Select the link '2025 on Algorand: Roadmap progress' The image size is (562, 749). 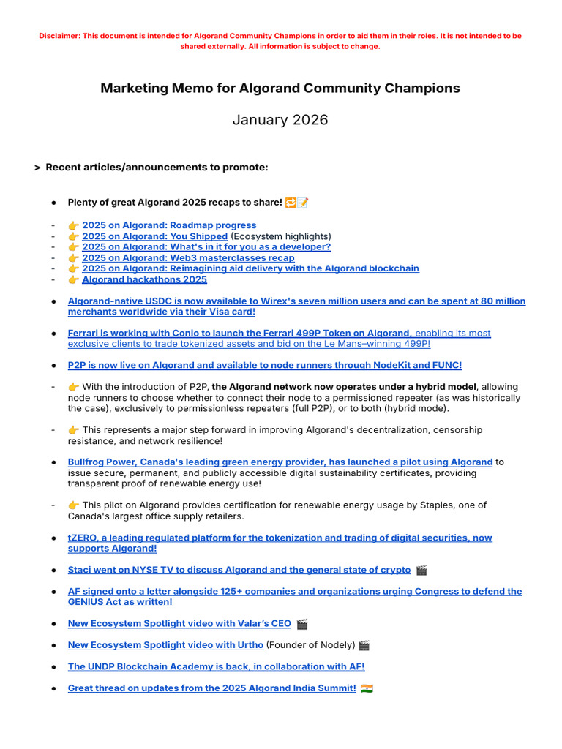tap(169, 225)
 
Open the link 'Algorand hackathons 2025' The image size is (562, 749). tap(144, 279)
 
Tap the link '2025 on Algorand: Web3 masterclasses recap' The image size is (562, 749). tap(188, 257)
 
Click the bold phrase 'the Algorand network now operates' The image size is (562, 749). tap(293, 387)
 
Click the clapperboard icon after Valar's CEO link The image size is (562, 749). tap(302, 624)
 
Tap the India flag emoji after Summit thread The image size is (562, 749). tap(367, 688)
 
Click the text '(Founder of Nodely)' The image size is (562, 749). tap(310, 645)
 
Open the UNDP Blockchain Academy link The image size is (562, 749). tap(216, 666)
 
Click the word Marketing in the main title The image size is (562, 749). tap(130, 89)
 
